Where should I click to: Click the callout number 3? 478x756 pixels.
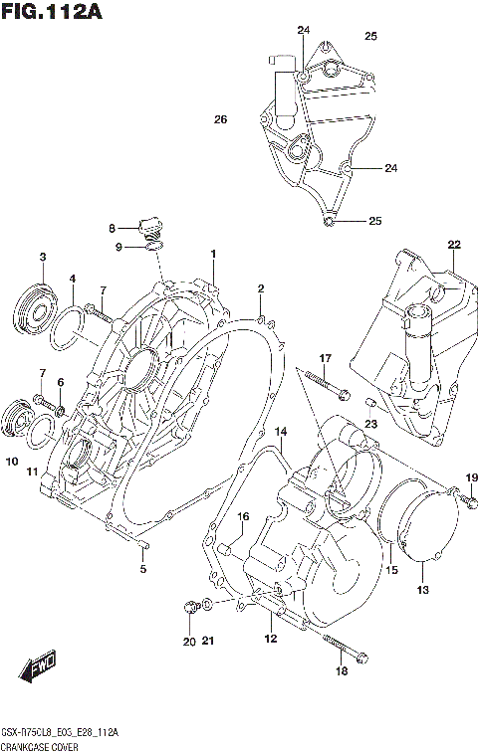pyautogui.click(x=43, y=258)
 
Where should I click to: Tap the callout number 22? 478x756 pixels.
pyautogui.click(x=453, y=245)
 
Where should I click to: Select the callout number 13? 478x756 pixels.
pyautogui.click(x=422, y=591)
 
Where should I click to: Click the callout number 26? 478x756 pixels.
pyautogui.click(x=220, y=119)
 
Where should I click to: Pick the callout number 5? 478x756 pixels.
pyautogui.click(x=142, y=569)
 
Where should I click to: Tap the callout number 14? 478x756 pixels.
pyautogui.click(x=281, y=432)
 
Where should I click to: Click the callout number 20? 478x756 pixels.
pyautogui.click(x=189, y=642)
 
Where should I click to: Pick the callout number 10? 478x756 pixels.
pyautogui.click(x=11, y=462)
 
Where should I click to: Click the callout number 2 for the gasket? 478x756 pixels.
pyautogui.click(x=261, y=289)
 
